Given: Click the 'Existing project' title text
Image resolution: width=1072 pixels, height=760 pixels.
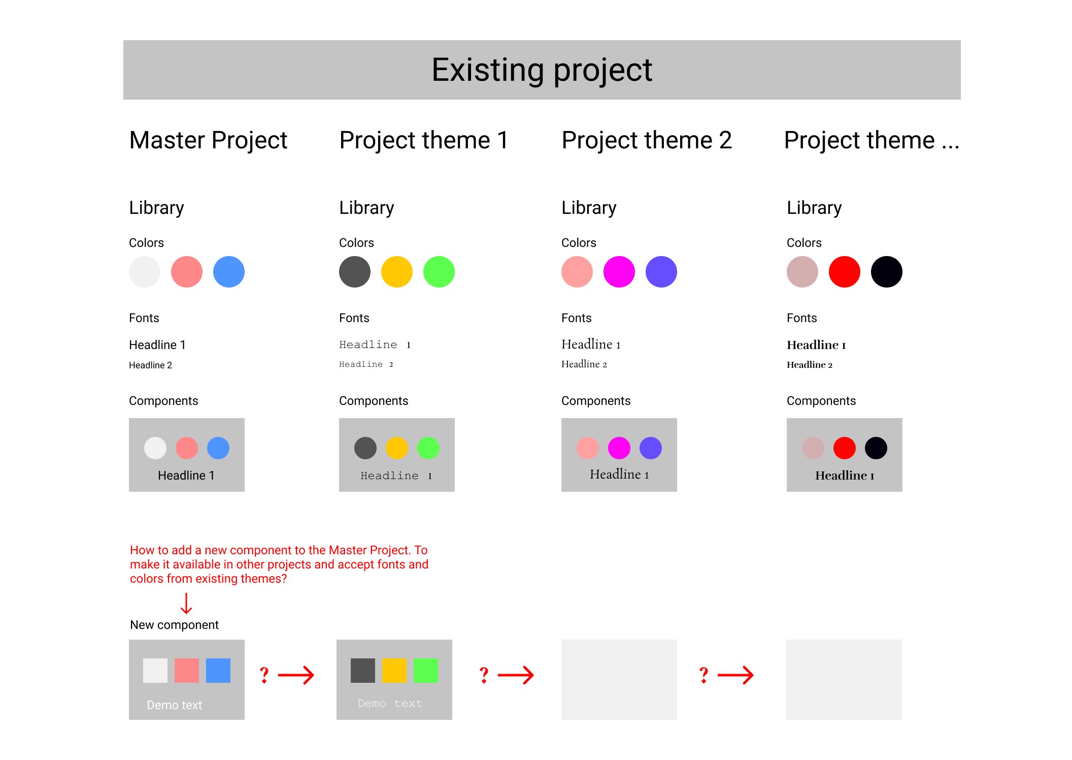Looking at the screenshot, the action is coord(542,70).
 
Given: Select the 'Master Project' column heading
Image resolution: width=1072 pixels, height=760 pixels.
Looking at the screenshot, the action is coord(208,140).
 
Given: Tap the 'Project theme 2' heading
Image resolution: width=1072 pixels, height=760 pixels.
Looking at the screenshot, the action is coord(647,140).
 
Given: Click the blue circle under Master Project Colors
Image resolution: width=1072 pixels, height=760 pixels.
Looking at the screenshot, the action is coord(229,272).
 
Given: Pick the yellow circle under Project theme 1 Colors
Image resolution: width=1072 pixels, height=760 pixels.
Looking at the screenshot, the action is coord(397,272).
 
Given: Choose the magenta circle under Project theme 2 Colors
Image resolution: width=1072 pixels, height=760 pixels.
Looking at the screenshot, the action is coord(619,272).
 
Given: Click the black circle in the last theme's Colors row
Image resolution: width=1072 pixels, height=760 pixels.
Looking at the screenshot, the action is coord(887,272).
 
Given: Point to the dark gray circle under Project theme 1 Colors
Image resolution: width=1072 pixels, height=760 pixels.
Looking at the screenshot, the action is coord(355,272).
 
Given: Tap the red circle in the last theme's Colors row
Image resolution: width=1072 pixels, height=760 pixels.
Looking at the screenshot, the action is coord(845,272).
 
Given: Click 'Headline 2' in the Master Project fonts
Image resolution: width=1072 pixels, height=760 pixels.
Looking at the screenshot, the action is coord(150,365).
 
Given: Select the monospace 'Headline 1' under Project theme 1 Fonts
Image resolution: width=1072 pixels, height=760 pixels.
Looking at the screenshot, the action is coord(375,345).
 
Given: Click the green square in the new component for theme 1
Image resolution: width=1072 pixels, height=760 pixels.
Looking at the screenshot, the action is coord(426,671).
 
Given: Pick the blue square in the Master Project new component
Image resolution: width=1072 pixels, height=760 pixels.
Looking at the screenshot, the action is coord(218,671).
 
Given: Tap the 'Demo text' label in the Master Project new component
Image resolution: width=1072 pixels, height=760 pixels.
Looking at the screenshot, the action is coord(174,705).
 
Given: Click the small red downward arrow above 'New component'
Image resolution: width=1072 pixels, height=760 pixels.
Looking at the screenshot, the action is coord(186,604).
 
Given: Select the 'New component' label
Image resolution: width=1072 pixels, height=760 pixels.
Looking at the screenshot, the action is coord(174,625).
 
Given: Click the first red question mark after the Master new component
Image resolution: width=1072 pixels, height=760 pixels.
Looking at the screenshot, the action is coord(264,675).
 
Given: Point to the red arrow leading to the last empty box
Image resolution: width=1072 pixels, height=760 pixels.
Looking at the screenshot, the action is coord(735,675).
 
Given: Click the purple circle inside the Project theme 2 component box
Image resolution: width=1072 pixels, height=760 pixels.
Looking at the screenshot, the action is coord(651,448).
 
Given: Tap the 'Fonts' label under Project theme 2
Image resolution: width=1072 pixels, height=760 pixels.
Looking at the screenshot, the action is coord(577,318).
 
